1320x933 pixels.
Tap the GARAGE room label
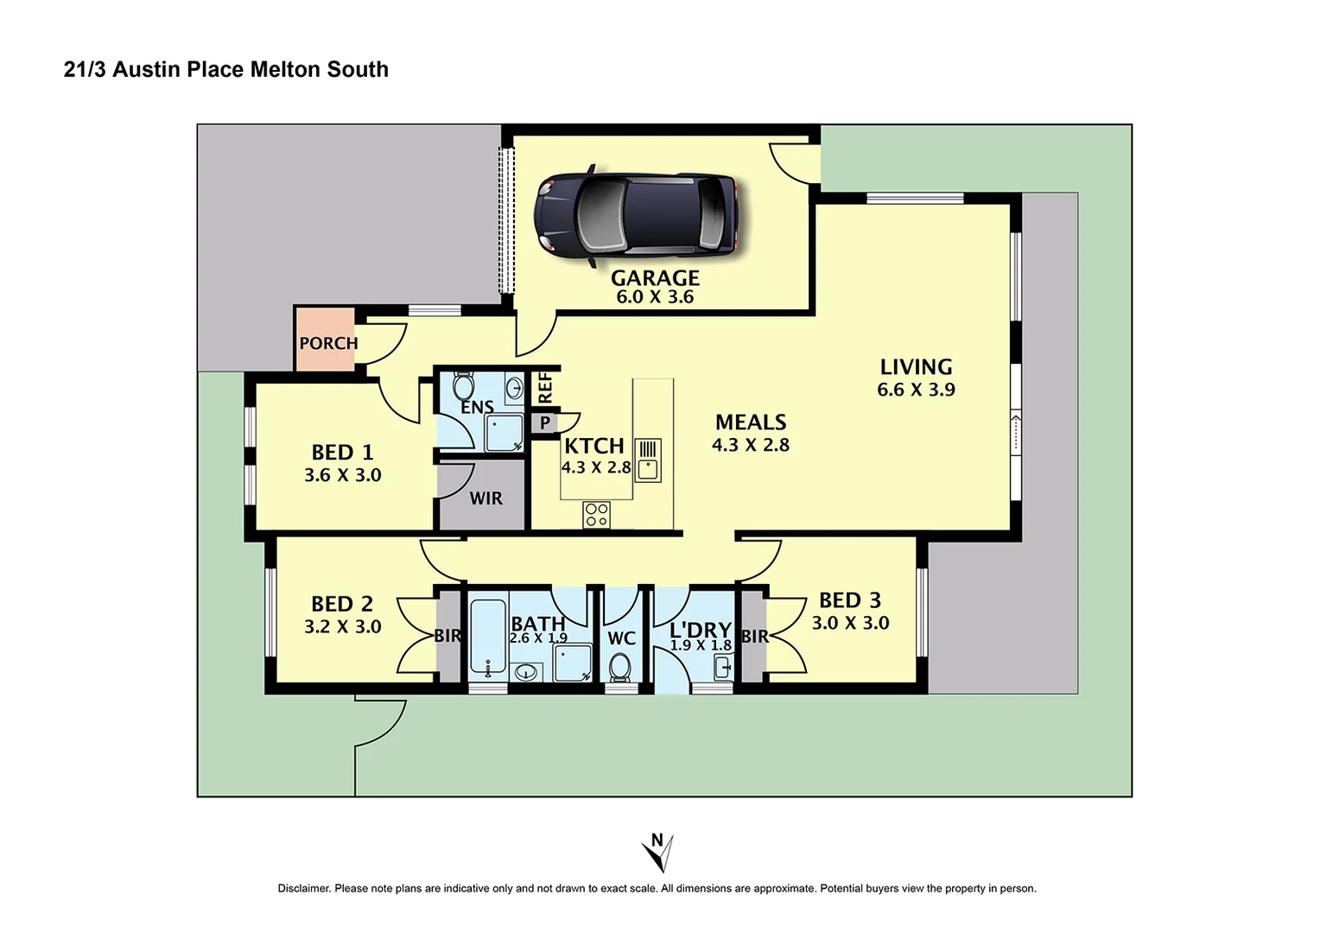click(x=655, y=278)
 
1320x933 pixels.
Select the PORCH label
click(x=328, y=343)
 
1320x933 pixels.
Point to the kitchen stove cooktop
click(x=597, y=515)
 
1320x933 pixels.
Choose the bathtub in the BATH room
click(x=488, y=638)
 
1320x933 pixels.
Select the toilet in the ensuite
click(x=464, y=385)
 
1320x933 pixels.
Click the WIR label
click(x=485, y=498)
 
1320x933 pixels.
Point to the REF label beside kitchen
click(x=545, y=388)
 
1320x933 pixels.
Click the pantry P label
click(x=545, y=423)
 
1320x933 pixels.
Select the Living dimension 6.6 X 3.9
click(x=916, y=390)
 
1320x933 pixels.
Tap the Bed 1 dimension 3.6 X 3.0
click(x=342, y=475)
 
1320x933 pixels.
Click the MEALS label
click(x=751, y=422)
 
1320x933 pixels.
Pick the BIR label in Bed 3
click(x=754, y=637)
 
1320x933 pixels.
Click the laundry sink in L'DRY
click(x=723, y=667)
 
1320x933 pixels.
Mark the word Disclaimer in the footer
click(x=303, y=888)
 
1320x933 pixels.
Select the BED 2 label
click(x=342, y=604)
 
